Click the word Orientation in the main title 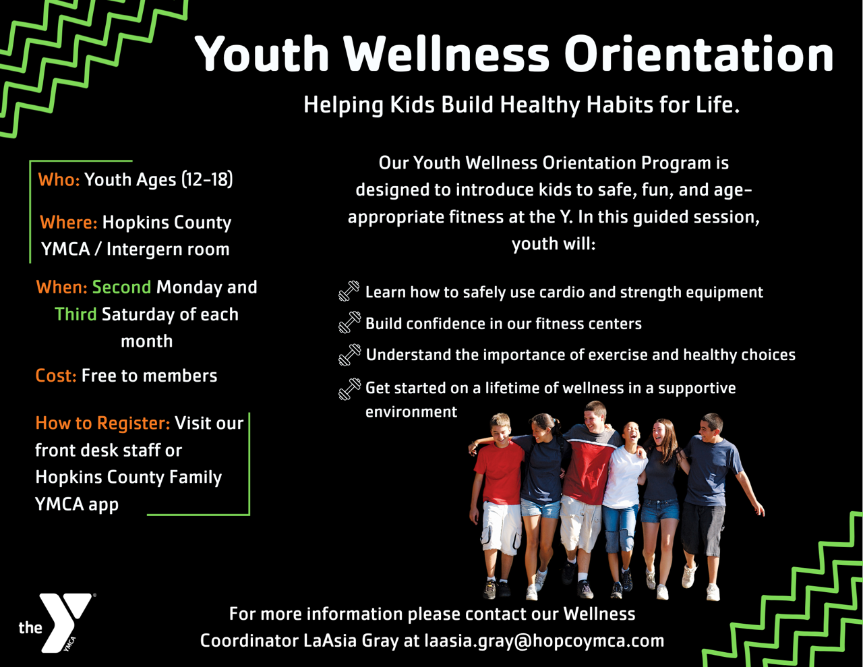coord(698,54)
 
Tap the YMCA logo coord(55,622)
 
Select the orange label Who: coord(59,179)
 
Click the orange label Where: coord(68,223)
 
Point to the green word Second coord(121,287)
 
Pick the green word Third coord(76,314)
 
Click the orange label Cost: coord(55,376)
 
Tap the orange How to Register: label coord(102,423)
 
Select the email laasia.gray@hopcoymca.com coord(544,641)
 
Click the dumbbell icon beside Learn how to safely coord(349,291)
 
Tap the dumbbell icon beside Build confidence coord(349,322)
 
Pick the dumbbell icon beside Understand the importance coord(349,354)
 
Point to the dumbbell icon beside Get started coord(349,389)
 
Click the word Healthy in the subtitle coord(541,105)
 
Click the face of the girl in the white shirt coord(630,432)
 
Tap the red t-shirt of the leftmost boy coord(499,473)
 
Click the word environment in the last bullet coord(411,412)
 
